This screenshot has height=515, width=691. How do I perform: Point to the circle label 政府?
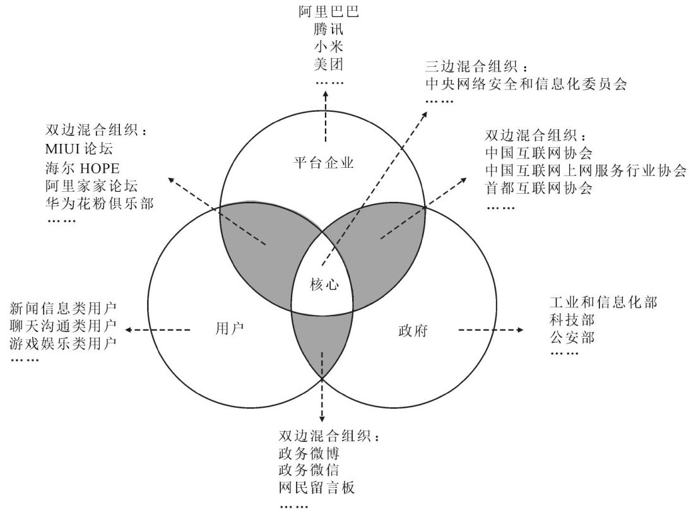tap(414, 330)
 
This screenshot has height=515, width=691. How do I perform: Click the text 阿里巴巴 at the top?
tap(328, 11)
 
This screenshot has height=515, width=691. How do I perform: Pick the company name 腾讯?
tap(328, 29)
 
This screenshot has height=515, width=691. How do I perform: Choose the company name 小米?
tap(328, 46)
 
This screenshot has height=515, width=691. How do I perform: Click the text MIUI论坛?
tap(79, 150)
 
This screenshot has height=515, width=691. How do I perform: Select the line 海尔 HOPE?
tap(83, 167)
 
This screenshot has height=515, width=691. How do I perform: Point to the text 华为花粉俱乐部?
tap(99, 203)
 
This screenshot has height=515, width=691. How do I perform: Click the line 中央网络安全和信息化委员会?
tap(526, 84)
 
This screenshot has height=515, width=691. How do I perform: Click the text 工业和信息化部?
tap(603, 302)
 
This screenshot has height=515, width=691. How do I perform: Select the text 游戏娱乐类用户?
tap(64, 343)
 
